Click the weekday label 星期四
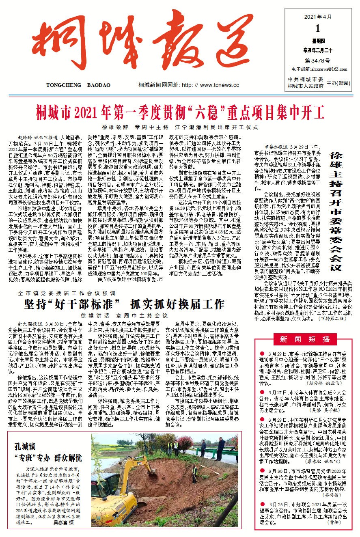(x=317, y=41)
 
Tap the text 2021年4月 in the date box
(x=318, y=17)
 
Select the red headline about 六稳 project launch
(x=180, y=110)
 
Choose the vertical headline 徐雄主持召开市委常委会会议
(x=336, y=211)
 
